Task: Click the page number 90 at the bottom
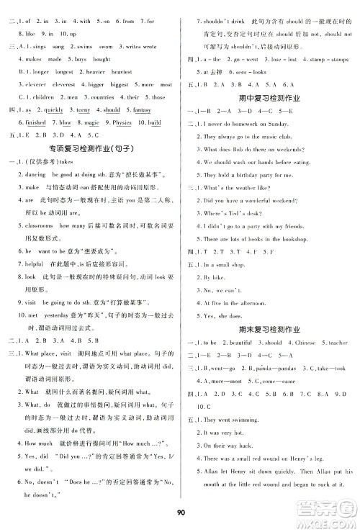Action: click(x=180, y=513)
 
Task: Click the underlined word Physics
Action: click(x=123, y=122)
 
